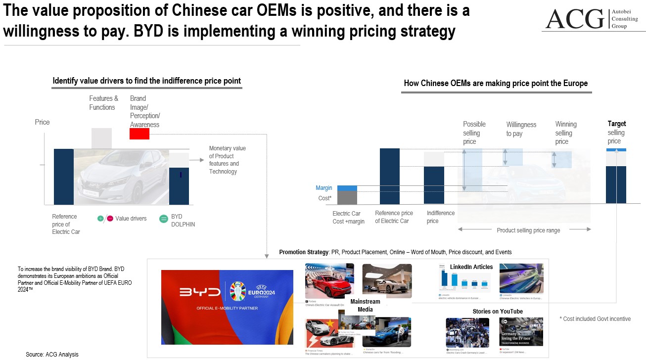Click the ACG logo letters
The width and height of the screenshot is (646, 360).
pos(574,19)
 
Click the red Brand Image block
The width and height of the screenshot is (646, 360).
pos(139,134)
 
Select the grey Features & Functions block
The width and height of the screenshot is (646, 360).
pos(101,138)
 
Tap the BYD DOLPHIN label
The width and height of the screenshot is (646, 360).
pos(183,221)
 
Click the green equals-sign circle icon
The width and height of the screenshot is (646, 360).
pos(164,219)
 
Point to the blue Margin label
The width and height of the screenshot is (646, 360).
pos(324,188)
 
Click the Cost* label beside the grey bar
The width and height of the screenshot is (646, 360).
pos(325,198)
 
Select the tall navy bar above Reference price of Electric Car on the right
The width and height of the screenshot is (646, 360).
pos(390,176)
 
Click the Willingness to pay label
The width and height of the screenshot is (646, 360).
pos(521,129)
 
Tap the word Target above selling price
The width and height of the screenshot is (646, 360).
pos(616,124)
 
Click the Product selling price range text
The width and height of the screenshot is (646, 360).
pos(528,230)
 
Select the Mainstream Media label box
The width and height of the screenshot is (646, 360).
pos(365,306)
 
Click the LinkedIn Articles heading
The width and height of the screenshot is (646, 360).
pos(471,267)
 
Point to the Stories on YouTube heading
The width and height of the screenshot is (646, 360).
pos(498,312)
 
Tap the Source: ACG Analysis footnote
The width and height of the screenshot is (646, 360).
pos(52,355)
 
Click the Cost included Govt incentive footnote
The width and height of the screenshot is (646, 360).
pos(595,319)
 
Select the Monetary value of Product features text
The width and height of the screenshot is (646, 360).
pos(227,160)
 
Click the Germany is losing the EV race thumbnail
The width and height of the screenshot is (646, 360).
pos(521,332)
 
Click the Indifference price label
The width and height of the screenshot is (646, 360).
pos(440,217)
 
